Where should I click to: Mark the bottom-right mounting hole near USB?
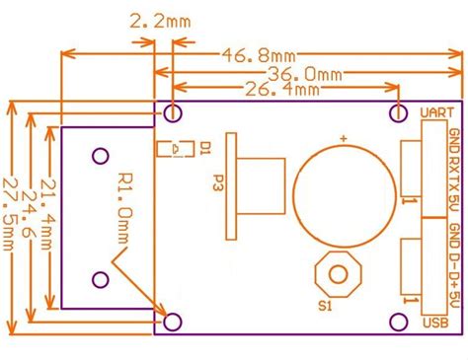399,322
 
